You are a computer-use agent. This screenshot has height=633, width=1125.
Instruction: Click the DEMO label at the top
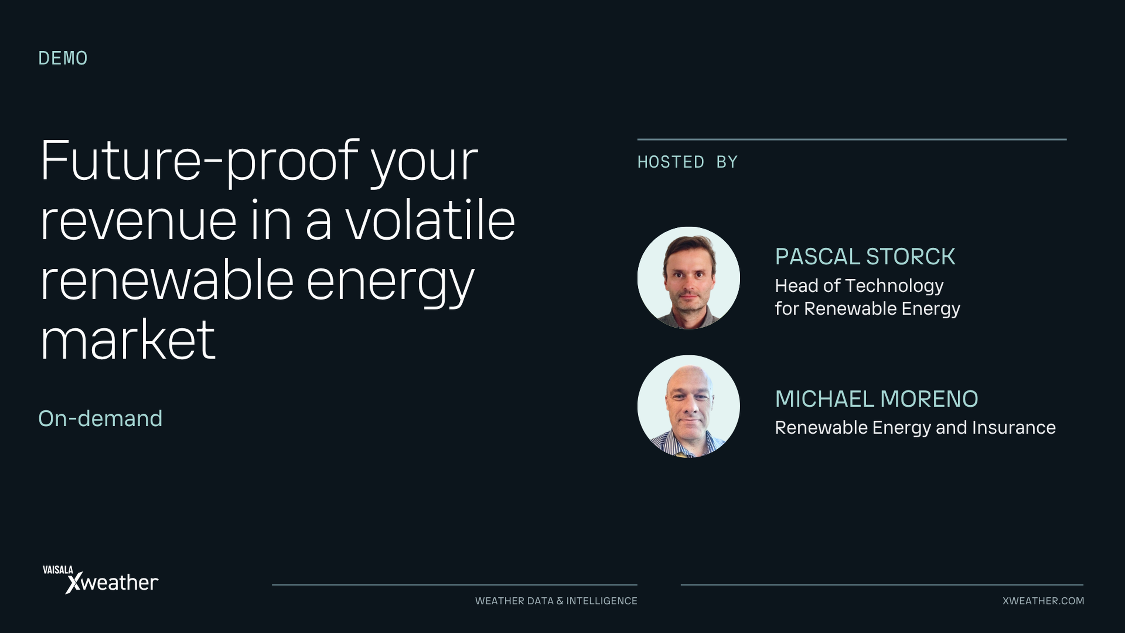click(x=63, y=58)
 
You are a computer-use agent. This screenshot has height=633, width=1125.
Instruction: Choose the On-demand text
click(x=100, y=418)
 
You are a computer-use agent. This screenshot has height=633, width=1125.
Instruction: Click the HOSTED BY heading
click(x=687, y=162)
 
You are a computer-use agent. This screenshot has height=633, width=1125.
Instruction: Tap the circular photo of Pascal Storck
click(x=689, y=278)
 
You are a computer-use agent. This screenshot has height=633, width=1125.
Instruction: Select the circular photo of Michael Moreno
click(x=689, y=406)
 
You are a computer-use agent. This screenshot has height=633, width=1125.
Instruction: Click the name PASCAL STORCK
click(x=865, y=256)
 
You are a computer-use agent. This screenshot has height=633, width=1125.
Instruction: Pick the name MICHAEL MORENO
click(x=877, y=399)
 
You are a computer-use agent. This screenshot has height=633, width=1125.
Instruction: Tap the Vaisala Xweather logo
click(x=100, y=580)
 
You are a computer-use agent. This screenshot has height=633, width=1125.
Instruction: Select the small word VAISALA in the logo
click(x=58, y=570)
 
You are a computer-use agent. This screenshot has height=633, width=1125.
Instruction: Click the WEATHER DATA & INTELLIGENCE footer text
click(x=556, y=601)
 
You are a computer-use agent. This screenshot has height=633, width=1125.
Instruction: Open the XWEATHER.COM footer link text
click(x=1043, y=601)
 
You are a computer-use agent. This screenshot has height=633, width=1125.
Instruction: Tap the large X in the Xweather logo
click(x=74, y=583)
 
